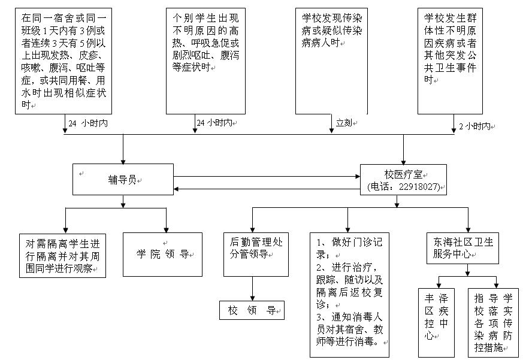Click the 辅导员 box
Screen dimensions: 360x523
pyautogui.click(x=123, y=179)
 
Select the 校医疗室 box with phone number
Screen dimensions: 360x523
pyautogui.click(x=403, y=180)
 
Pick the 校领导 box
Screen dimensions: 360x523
pyautogui.click(x=251, y=311)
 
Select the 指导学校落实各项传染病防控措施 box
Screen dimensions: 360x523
pyautogui.click(x=492, y=322)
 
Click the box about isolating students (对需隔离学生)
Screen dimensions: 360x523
pyautogui.click(x=62, y=256)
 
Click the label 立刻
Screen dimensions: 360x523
pyautogui.click(x=343, y=123)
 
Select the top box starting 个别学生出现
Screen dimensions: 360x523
pyautogui.click(x=205, y=60)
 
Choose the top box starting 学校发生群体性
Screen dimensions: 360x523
pyautogui.click(x=454, y=60)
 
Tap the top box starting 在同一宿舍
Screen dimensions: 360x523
pyautogui.click(x=63, y=60)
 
